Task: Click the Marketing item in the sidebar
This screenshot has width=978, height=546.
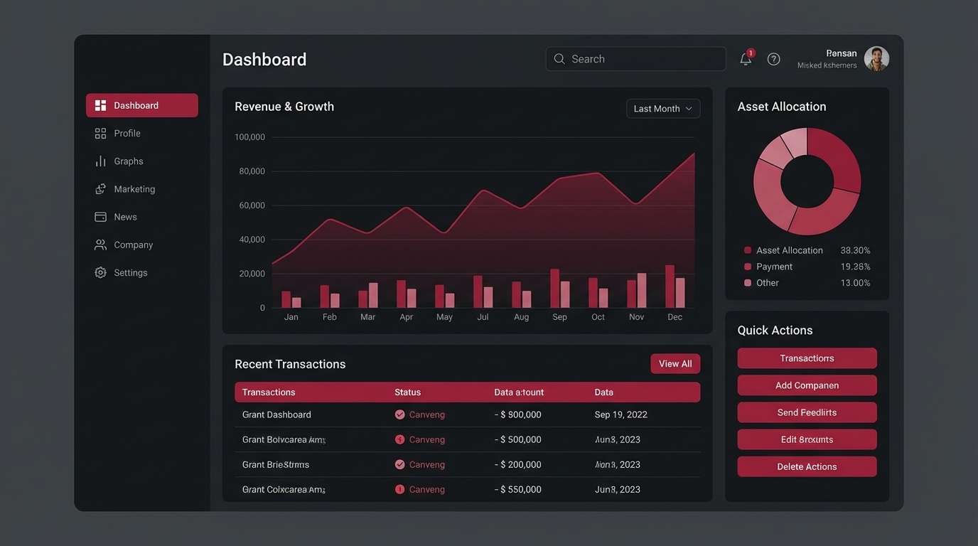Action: (x=134, y=189)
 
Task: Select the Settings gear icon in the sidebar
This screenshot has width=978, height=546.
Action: (x=100, y=273)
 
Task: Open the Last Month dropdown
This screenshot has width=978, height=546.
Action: (x=662, y=109)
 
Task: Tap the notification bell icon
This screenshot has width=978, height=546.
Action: (x=746, y=59)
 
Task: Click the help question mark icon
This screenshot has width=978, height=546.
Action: (x=774, y=59)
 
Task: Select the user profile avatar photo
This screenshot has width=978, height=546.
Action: (x=876, y=59)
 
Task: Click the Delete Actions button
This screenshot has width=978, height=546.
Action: (x=807, y=467)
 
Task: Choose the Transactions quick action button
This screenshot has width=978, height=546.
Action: (x=807, y=358)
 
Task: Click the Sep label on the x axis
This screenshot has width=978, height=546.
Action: (x=559, y=317)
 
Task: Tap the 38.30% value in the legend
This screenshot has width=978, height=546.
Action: (x=855, y=251)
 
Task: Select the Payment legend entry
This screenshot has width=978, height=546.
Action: (x=774, y=267)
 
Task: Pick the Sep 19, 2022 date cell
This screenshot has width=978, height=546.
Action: (x=620, y=414)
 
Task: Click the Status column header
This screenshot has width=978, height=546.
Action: (x=407, y=392)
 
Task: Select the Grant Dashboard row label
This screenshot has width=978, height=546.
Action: (x=276, y=414)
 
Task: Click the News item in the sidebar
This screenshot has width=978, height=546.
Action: (x=125, y=217)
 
